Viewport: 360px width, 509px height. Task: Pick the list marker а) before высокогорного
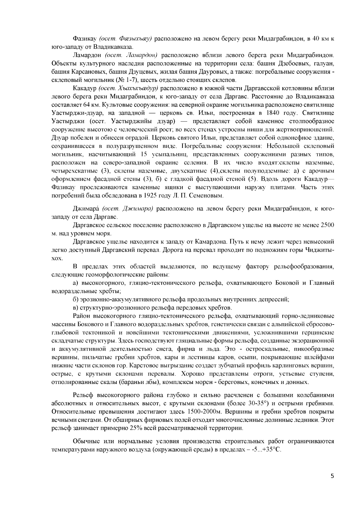[x=76, y=283]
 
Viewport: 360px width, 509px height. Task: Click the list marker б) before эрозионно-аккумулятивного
[x=76, y=299]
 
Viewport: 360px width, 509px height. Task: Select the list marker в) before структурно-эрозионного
[x=76, y=308]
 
